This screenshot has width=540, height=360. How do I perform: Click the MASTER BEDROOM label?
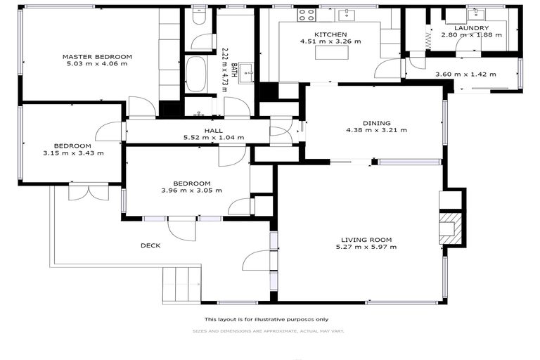click(97, 57)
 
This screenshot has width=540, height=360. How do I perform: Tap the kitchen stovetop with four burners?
click(307, 14)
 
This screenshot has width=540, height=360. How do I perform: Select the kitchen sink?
click(348, 14)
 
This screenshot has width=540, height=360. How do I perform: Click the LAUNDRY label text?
click(471, 28)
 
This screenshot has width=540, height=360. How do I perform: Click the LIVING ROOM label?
click(366, 239)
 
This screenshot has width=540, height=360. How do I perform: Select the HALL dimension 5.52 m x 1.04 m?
click(214, 138)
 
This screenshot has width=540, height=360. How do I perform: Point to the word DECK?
click(150, 245)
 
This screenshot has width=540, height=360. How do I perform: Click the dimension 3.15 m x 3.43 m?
click(73, 153)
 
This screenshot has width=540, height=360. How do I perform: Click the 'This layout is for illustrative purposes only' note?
click(271, 319)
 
